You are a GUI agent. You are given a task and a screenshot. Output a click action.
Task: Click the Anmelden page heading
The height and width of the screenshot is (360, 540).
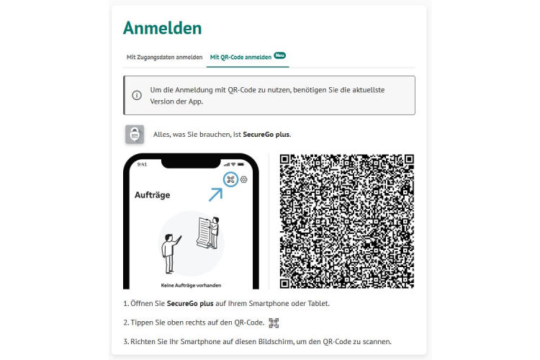pyautogui.click(x=162, y=28)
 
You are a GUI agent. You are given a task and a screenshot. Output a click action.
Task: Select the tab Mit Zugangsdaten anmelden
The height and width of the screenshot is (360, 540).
pyautogui.click(x=164, y=57)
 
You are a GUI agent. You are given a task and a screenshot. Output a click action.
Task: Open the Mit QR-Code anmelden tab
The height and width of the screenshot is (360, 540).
pyautogui.click(x=240, y=57)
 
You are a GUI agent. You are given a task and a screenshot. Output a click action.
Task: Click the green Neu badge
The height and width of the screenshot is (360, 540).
pyautogui.click(x=279, y=54)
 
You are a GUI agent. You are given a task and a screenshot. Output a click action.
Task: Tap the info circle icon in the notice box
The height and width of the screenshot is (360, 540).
pyautogui.click(x=137, y=96)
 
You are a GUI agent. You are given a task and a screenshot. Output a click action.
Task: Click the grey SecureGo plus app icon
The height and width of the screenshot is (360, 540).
pyautogui.click(x=135, y=134)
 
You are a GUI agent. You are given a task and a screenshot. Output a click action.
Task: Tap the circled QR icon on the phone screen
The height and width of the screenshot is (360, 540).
pyautogui.click(x=231, y=179)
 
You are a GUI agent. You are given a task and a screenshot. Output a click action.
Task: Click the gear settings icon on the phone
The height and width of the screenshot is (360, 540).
pyautogui.click(x=244, y=179)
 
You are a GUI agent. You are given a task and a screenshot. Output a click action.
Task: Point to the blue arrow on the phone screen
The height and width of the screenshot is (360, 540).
pyautogui.click(x=216, y=193)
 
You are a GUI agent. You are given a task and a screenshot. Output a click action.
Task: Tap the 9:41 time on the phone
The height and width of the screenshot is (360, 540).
pyautogui.click(x=142, y=164)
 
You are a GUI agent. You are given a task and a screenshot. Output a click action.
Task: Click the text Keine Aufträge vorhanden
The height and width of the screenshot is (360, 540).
pyautogui.click(x=191, y=284)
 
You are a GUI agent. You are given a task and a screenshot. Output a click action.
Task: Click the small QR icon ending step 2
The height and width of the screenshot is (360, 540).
pyautogui.click(x=273, y=323)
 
